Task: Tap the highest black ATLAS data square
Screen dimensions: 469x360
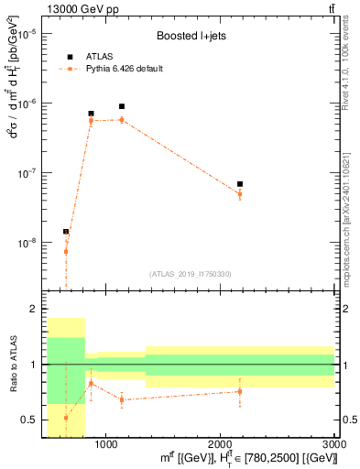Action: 121,106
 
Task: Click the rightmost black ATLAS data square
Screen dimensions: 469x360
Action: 240,184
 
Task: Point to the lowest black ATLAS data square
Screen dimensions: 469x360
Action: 66,232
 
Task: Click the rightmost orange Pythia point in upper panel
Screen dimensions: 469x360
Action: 240,194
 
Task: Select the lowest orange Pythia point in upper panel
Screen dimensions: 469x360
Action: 66,251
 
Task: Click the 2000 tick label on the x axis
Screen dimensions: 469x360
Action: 221,443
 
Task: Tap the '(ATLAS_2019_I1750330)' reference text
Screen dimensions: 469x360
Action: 190,274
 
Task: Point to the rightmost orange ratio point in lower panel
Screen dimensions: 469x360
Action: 240,391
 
